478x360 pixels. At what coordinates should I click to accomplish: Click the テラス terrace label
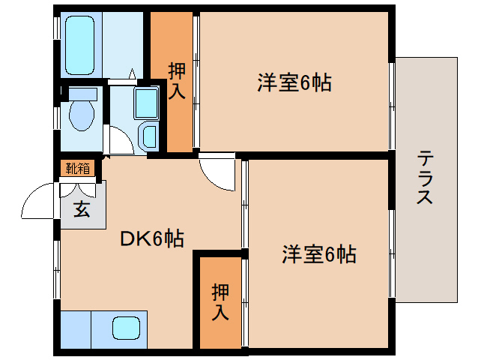coord(425,177)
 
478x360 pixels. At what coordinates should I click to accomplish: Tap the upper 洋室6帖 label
coord(294,83)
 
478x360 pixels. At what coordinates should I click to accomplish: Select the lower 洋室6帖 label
coord(318,255)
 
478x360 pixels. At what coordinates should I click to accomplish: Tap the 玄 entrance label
coord(81,209)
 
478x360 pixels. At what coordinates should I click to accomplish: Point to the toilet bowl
coord(79,116)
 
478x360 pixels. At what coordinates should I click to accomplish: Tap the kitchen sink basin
coord(126,328)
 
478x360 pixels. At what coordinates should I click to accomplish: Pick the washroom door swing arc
coord(120,139)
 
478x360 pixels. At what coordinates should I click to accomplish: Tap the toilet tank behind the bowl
coord(82,94)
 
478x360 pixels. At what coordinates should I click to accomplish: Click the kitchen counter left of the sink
coord(75,328)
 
